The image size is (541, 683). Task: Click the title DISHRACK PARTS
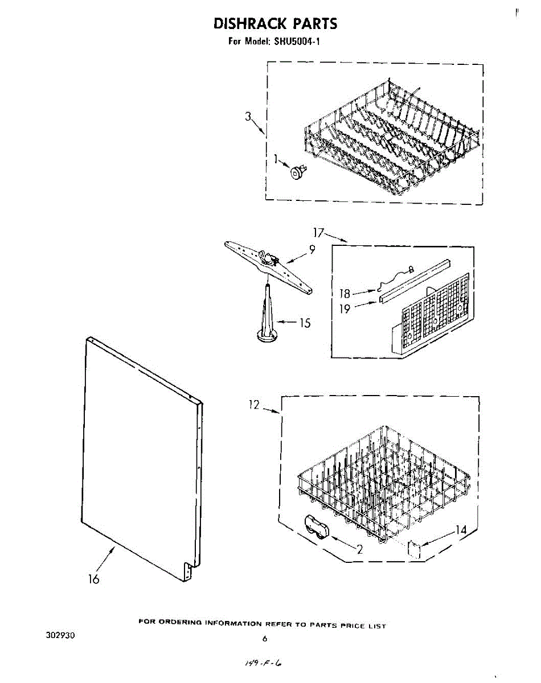[x=275, y=24]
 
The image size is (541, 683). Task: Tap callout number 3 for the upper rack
[x=248, y=117]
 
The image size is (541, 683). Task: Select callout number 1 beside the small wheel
[x=276, y=159]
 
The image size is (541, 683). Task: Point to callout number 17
[x=318, y=232]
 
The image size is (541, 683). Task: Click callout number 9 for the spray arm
[x=312, y=249]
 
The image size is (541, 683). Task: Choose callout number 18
[x=345, y=294]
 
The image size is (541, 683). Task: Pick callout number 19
[x=345, y=310]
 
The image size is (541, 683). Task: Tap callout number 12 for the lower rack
[x=254, y=405]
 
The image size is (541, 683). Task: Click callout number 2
[x=359, y=549]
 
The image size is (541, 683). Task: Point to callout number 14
[x=461, y=530]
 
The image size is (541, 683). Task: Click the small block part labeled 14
[x=414, y=549]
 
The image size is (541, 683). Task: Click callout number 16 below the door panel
[x=94, y=579]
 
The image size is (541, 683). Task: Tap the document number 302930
[x=60, y=635]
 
